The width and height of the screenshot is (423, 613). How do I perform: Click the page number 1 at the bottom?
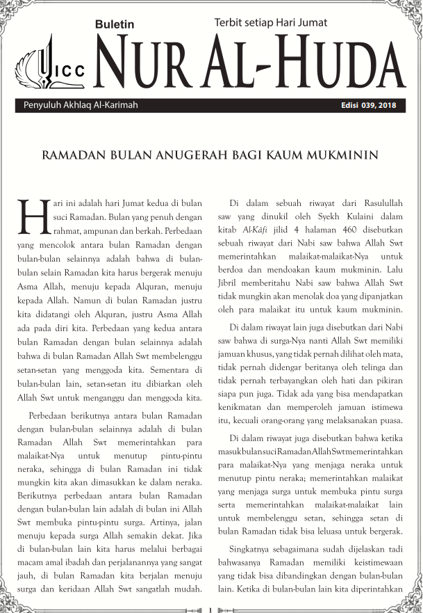tap(210, 610)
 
